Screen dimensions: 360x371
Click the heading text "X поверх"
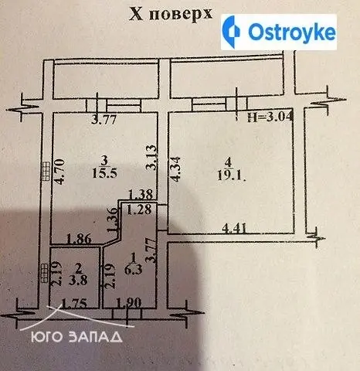[x=171, y=13]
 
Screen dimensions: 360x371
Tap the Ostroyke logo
[x=279, y=32]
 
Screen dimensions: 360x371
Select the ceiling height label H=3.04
[x=270, y=117]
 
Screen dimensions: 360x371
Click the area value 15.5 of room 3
[x=104, y=173]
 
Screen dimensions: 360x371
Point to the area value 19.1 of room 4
[x=231, y=175]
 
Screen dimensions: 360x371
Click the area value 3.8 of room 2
[x=78, y=280]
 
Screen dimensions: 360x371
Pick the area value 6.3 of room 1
[x=133, y=270]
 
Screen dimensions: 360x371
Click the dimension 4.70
[x=59, y=172]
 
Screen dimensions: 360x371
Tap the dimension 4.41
[x=235, y=228]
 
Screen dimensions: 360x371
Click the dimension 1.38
[x=141, y=195]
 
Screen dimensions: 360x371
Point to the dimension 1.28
[x=139, y=209]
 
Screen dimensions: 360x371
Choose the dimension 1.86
[x=79, y=239]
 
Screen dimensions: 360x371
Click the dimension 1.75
[x=74, y=304]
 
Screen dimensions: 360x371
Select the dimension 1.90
[x=129, y=303]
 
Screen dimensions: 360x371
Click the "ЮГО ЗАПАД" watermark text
[x=76, y=337]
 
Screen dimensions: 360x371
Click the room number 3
[x=104, y=161]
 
